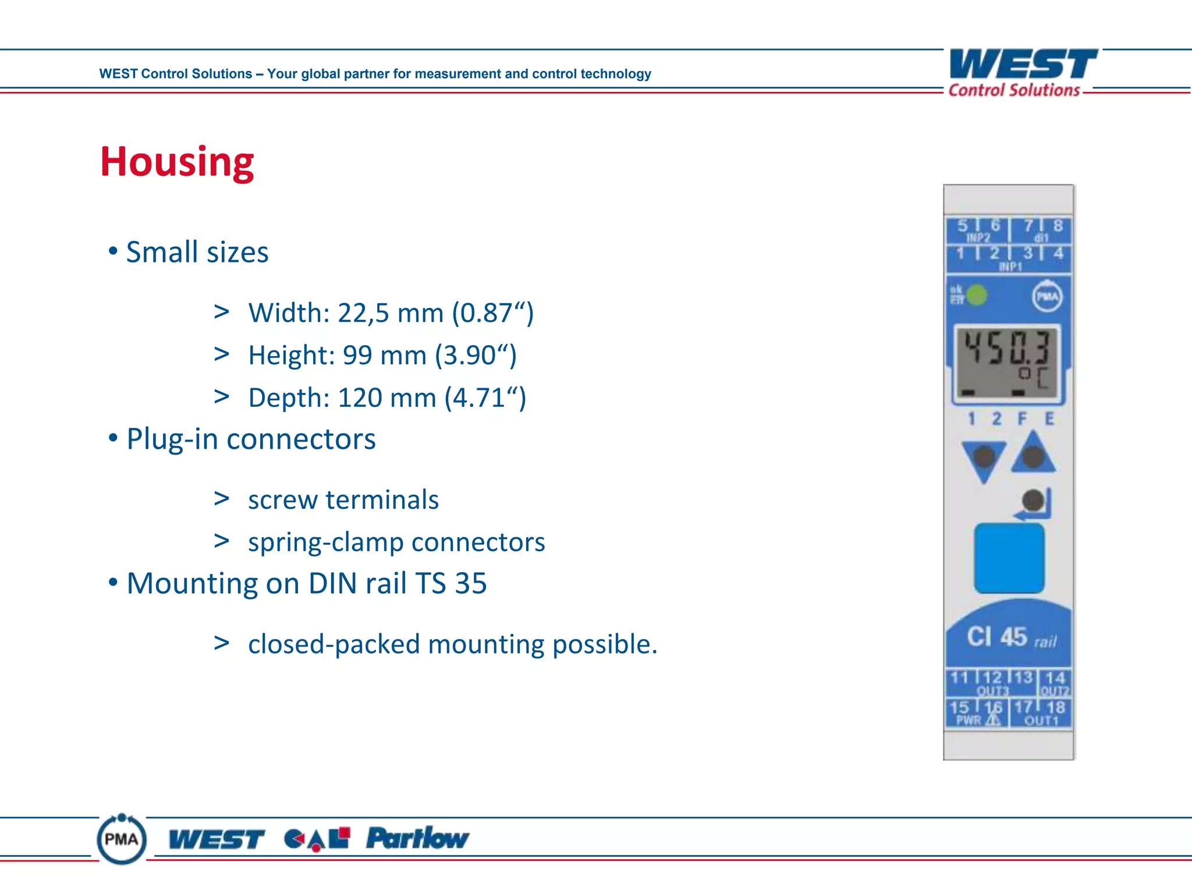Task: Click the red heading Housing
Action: point(177,162)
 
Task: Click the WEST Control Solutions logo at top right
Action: point(1022,73)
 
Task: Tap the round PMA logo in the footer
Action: point(122,839)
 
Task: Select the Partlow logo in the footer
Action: point(417,839)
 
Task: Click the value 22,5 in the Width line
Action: point(363,313)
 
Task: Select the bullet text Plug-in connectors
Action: point(251,439)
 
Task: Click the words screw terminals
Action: point(343,500)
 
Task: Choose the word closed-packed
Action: point(334,644)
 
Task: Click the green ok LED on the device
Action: point(977,295)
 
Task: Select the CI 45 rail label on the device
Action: point(1010,637)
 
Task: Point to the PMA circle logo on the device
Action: point(1046,297)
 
